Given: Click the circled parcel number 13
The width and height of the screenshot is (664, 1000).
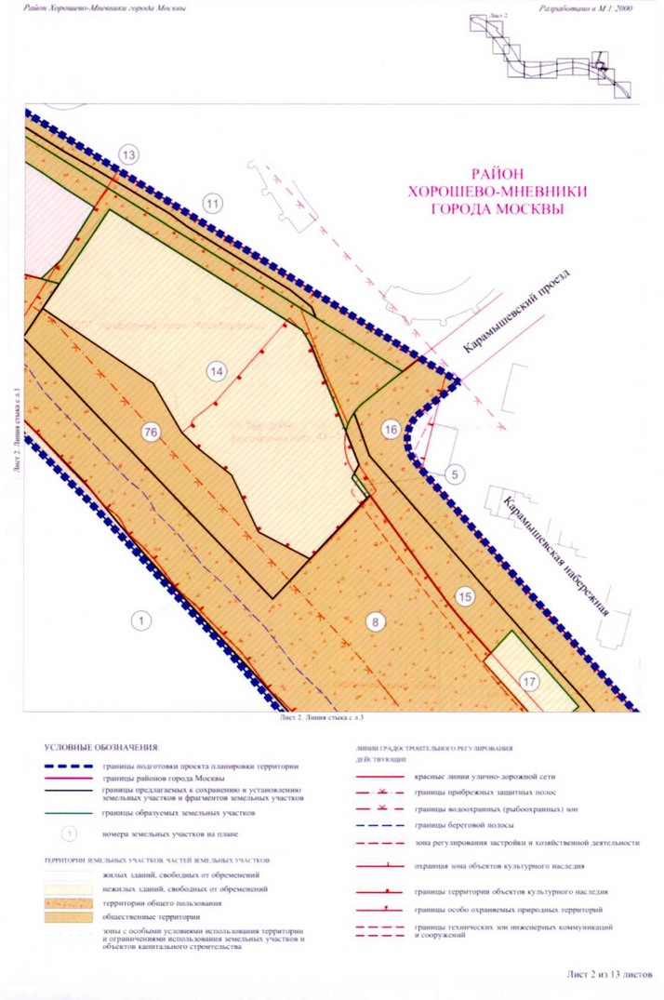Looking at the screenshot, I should pyautogui.click(x=128, y=154).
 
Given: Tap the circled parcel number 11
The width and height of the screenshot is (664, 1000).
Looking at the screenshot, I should pyautogui.click(x=215, y=203).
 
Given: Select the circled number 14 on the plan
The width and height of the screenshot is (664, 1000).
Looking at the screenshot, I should pyautogui.click(x=217, y=371).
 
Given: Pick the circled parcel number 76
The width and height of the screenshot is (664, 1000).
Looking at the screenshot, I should pyautogui.click(x=152, y=431).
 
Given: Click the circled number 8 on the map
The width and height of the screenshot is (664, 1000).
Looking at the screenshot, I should pyautogui.click(x=375, y=622).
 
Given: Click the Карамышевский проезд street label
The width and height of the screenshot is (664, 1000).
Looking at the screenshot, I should pyautogui.click(x=519, y=312).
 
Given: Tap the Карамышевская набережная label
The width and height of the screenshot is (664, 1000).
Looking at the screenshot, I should pyautogui.click(x=556, y=556).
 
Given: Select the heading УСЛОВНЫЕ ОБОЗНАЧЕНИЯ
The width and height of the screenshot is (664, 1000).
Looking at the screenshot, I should pyautogui.click(x=101, y=747).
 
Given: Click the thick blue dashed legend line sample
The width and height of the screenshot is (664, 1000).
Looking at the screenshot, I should pyautogui.click(x=70, y=767).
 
